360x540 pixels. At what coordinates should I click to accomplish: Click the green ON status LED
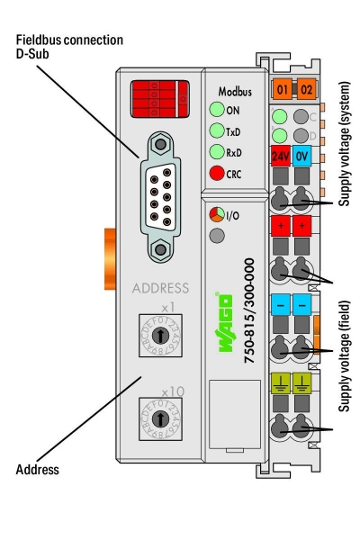pyautogui.click(x=217, y=112)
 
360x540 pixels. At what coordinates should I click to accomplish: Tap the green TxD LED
pyautogui.click(x=217, y=131)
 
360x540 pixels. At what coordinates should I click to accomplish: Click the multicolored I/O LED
pyautogui.click(x=216, y=216)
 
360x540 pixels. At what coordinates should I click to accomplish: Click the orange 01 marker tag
pyautogui.click(x=282, y=91)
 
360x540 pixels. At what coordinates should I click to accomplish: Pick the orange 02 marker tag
pyautogui.click(x=305, y=91)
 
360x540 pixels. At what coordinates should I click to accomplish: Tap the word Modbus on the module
pyautogui.click(x=234, y=92)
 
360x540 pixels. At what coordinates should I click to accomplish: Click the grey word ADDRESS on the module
pyautogui.click(x=160, y=290)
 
